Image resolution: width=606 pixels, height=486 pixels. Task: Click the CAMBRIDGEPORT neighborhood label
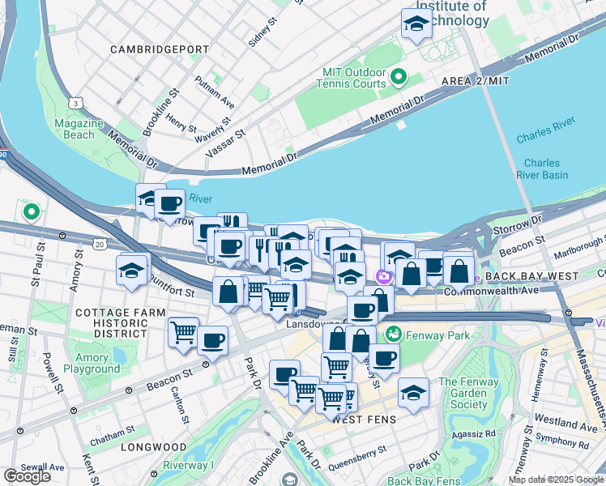[160, 49]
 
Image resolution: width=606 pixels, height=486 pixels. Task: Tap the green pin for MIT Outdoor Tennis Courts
[398, 78]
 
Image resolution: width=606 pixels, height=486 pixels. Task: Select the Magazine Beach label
[79, 129]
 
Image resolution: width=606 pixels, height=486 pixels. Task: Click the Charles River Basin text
[542, 168]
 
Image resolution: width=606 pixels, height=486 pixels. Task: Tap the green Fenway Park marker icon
[394, 333]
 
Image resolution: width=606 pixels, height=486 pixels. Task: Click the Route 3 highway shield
[75, 103]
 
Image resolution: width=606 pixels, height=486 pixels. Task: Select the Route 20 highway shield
[99, 243]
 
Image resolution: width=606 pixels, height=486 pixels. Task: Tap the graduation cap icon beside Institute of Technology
[416, 23]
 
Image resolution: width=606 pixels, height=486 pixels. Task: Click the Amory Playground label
[92, 363]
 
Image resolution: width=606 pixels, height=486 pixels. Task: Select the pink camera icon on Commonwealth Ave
[384, 276]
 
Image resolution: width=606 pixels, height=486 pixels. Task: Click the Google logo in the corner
[28, 475]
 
